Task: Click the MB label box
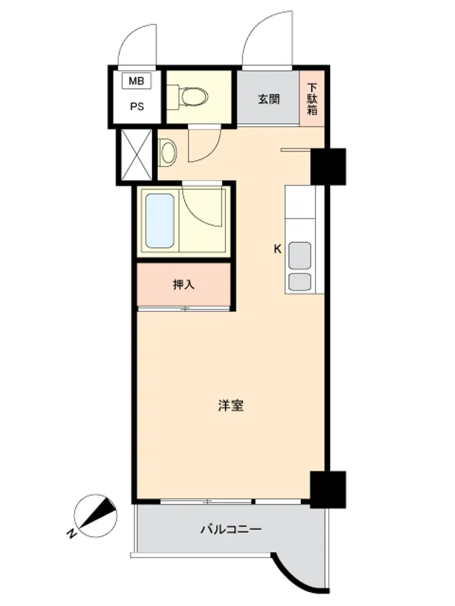coord(136,81)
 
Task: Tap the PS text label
coord(137,106)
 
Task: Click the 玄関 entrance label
coord(269,99)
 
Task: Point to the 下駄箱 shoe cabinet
coord(312,99)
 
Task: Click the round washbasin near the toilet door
coord(167,153)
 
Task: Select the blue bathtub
coord(160,221)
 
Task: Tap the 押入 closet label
coord(183,285)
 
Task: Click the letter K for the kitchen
coord(277,249)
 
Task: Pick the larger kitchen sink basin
coord(300,256)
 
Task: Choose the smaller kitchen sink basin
coord(300,282)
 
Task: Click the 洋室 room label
coord(231,405)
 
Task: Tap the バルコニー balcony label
coord(231,528)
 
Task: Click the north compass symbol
coord(96,516)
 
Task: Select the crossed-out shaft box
coord(136,155)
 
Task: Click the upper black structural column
coord(328,167)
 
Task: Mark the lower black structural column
coord(328,489)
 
